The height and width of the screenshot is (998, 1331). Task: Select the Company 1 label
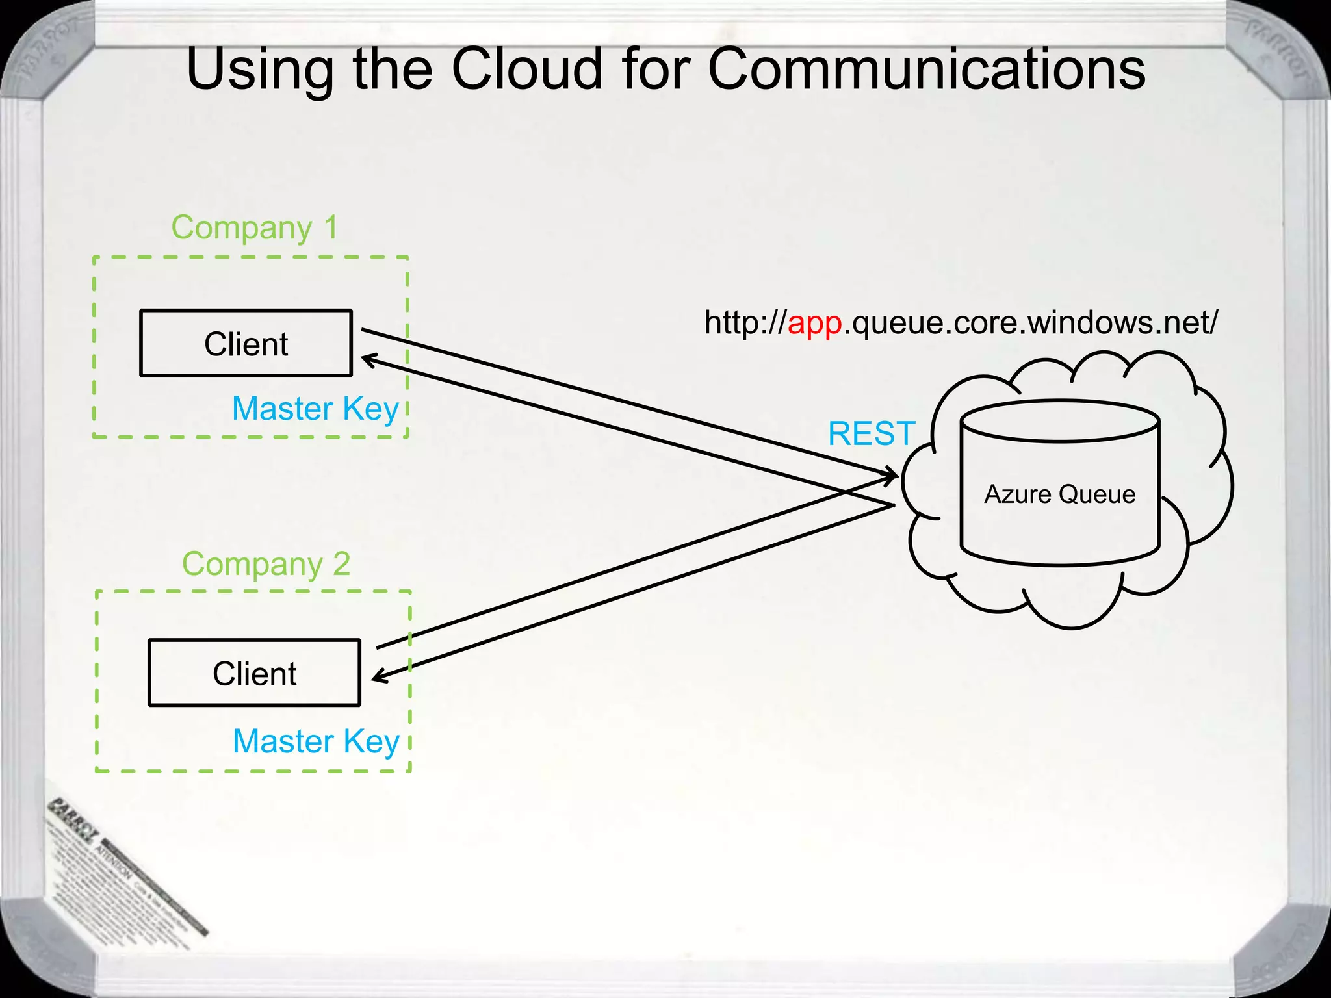254,228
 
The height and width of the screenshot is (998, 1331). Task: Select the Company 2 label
266,564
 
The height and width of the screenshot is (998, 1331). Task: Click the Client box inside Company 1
246,343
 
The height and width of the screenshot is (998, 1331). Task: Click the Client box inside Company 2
254,673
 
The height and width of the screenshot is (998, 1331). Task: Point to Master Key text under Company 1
315,409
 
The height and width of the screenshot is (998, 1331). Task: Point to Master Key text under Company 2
316,741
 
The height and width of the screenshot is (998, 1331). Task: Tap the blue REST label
871,434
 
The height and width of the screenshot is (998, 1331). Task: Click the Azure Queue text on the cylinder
1059,494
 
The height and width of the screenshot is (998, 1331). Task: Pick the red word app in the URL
814,322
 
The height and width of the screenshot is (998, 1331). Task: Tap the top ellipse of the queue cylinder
1060,422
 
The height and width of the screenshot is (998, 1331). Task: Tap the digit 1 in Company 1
331,228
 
